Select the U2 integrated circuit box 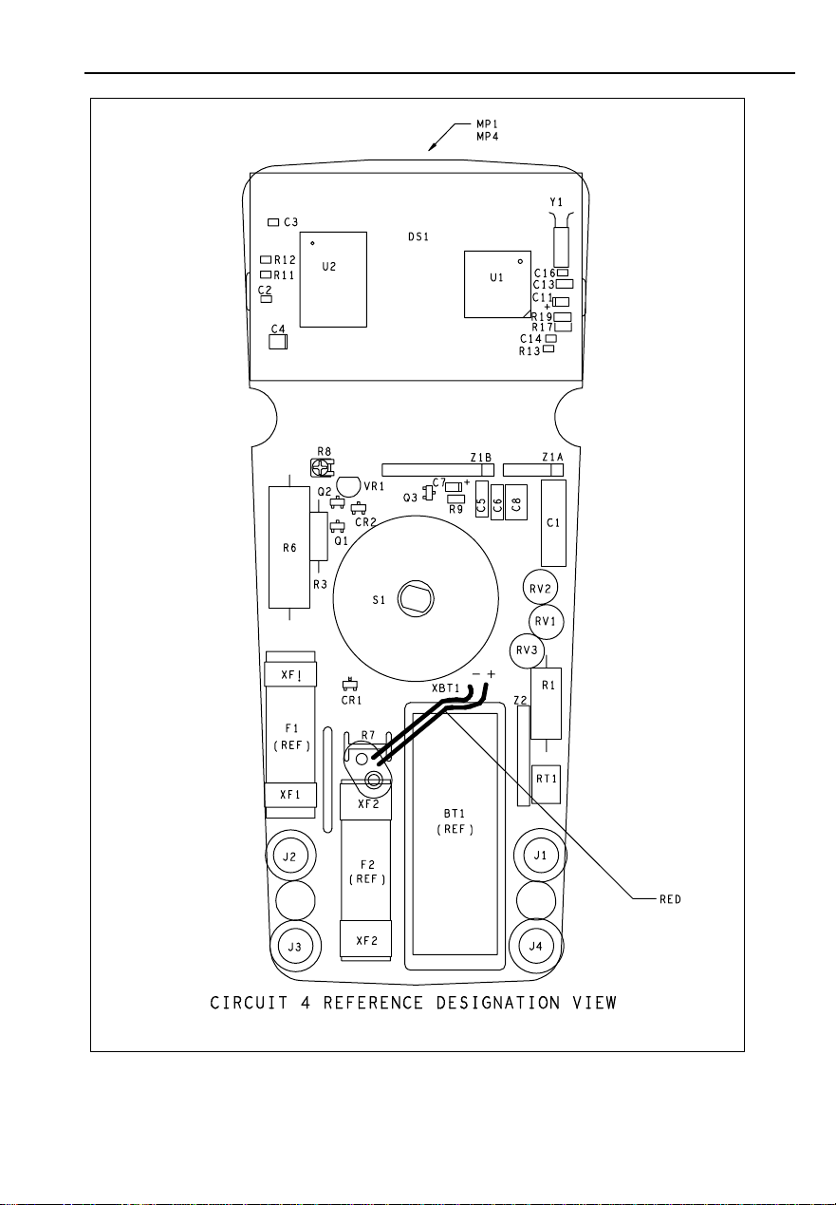pos(333,278)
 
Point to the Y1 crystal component pos(561,245)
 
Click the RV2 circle pos(541,589)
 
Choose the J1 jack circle pos(538,856)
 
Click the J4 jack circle pos(538,946)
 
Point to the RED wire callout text pos(671,898)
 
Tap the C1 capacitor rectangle pos(553,522)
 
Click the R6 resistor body pos(288,547)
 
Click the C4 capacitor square pos(278,340)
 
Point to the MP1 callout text pos(490,124)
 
